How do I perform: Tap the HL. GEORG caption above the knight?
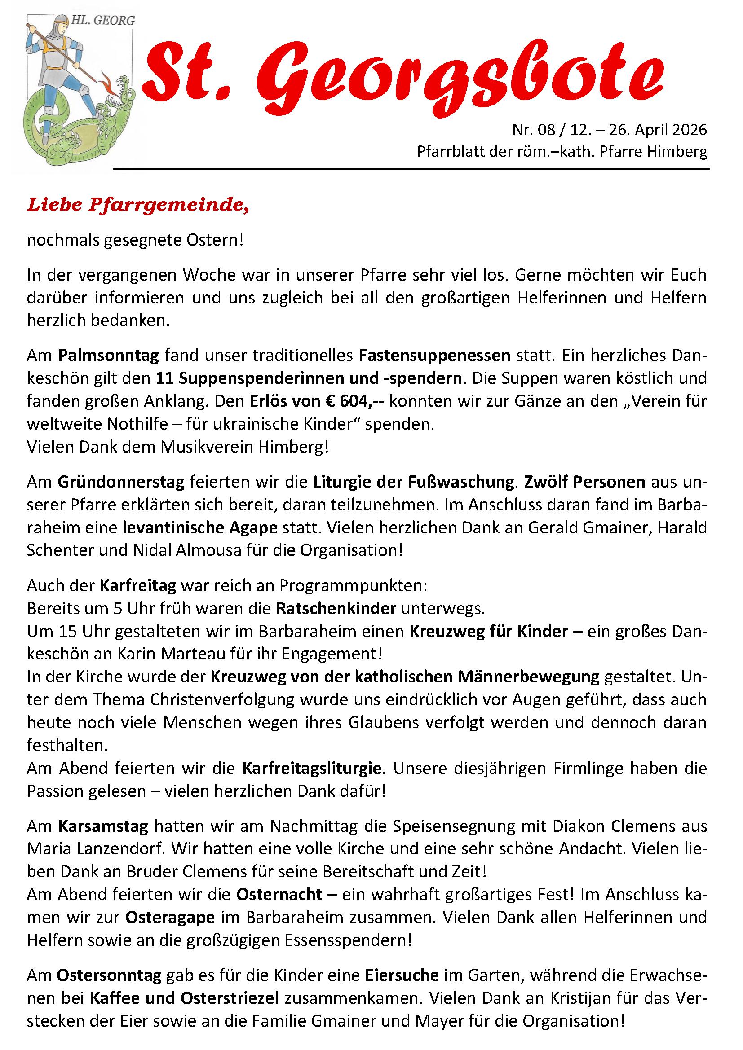[103, 21]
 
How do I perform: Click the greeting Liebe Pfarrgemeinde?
[138, 205]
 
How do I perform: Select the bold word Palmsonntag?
[108, 356]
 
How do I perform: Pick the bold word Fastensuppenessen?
[435, 356]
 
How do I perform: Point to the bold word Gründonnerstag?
[121, 482]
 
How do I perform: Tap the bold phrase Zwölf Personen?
[585, 482]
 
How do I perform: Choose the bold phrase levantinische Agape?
[200, 527]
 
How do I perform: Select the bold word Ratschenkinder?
[336, 609]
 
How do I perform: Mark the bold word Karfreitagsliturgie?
[312, 768]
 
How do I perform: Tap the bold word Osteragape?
[170, 918]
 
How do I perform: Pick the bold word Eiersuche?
[402, 975]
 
